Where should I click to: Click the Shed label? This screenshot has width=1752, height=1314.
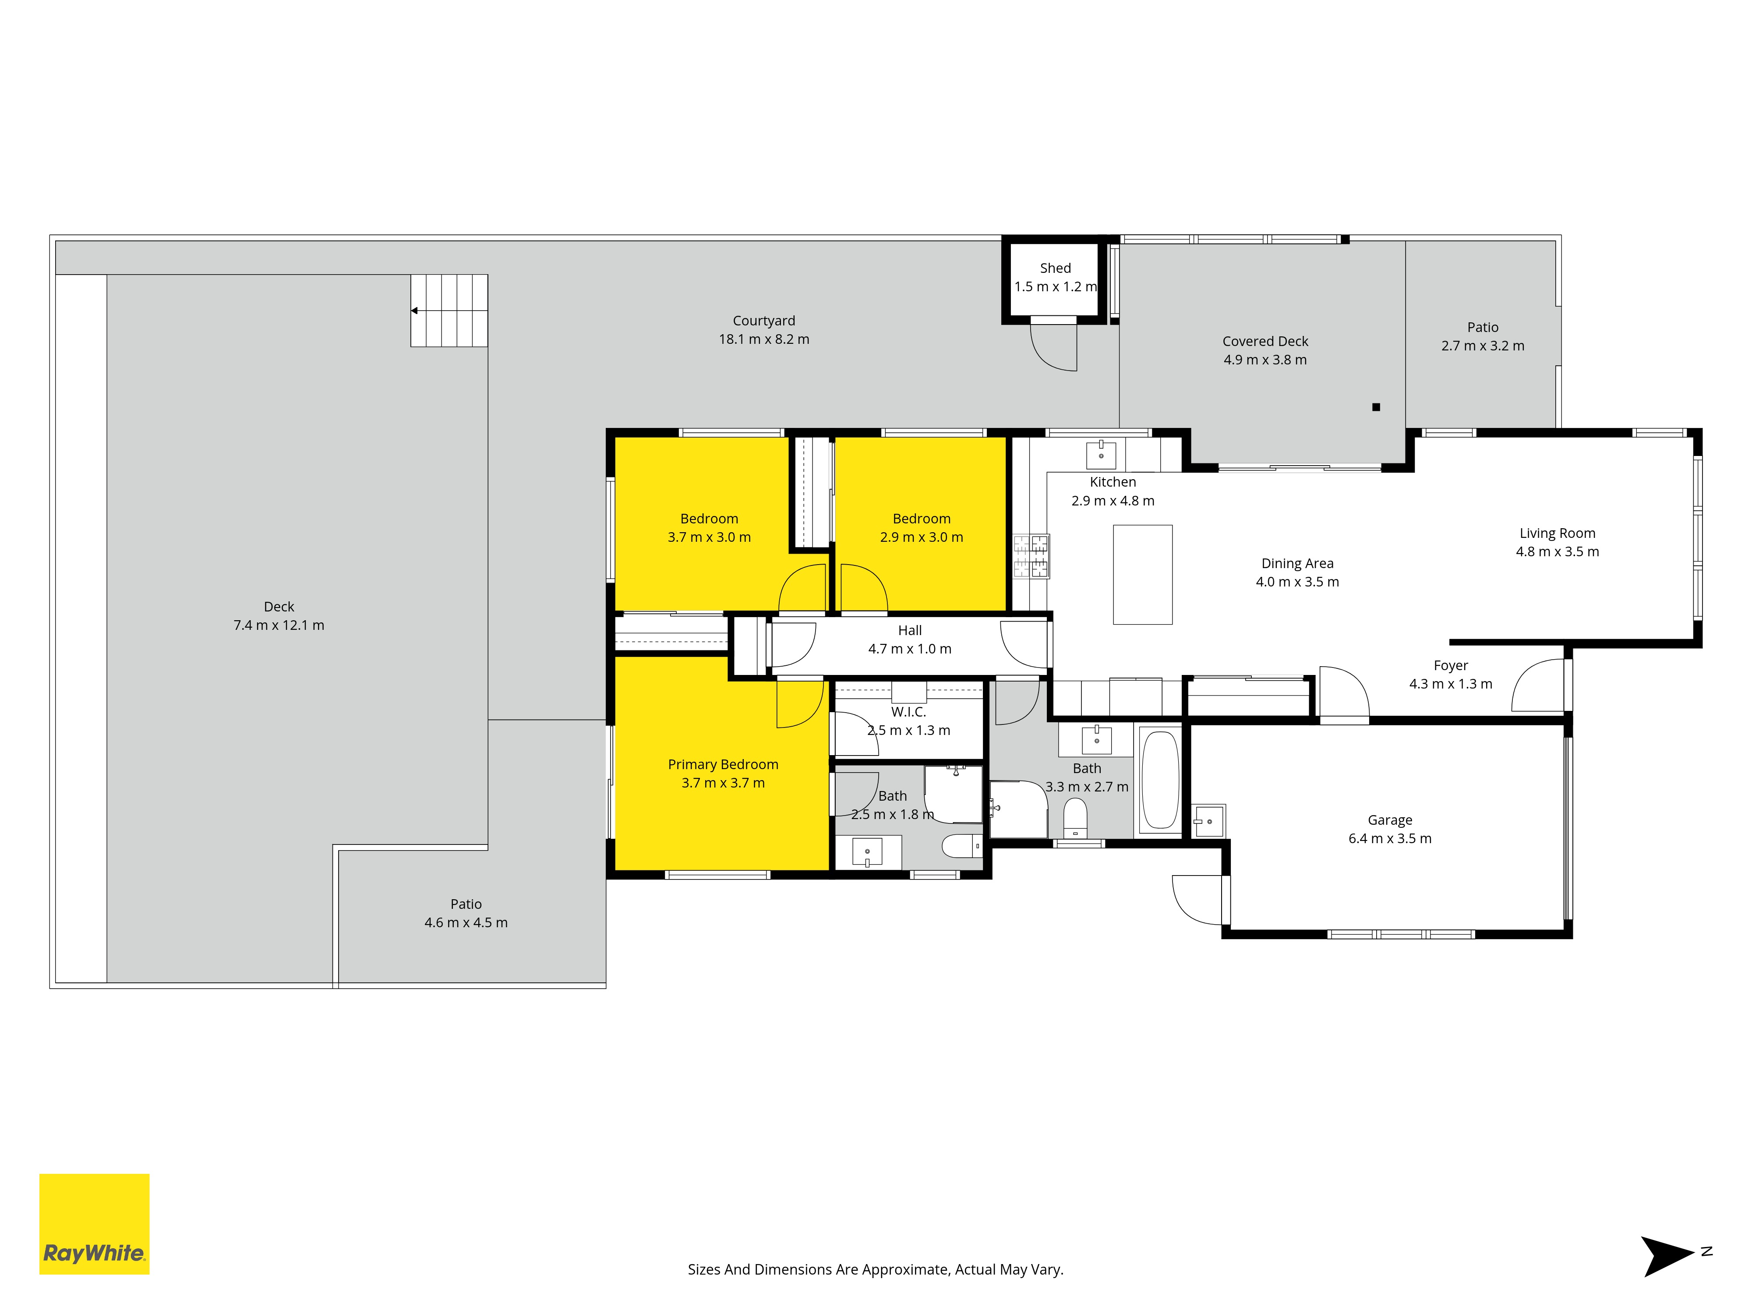[1055, 268]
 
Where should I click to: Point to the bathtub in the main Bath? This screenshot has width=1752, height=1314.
[1160, 780]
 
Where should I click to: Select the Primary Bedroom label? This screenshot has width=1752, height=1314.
[723, 764]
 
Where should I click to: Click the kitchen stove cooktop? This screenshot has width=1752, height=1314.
[1031, 556]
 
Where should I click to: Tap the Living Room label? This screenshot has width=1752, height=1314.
[1557, 533]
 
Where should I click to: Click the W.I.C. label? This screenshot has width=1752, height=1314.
[908, 712]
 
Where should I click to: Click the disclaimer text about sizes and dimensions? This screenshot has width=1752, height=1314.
[875, 1270]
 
